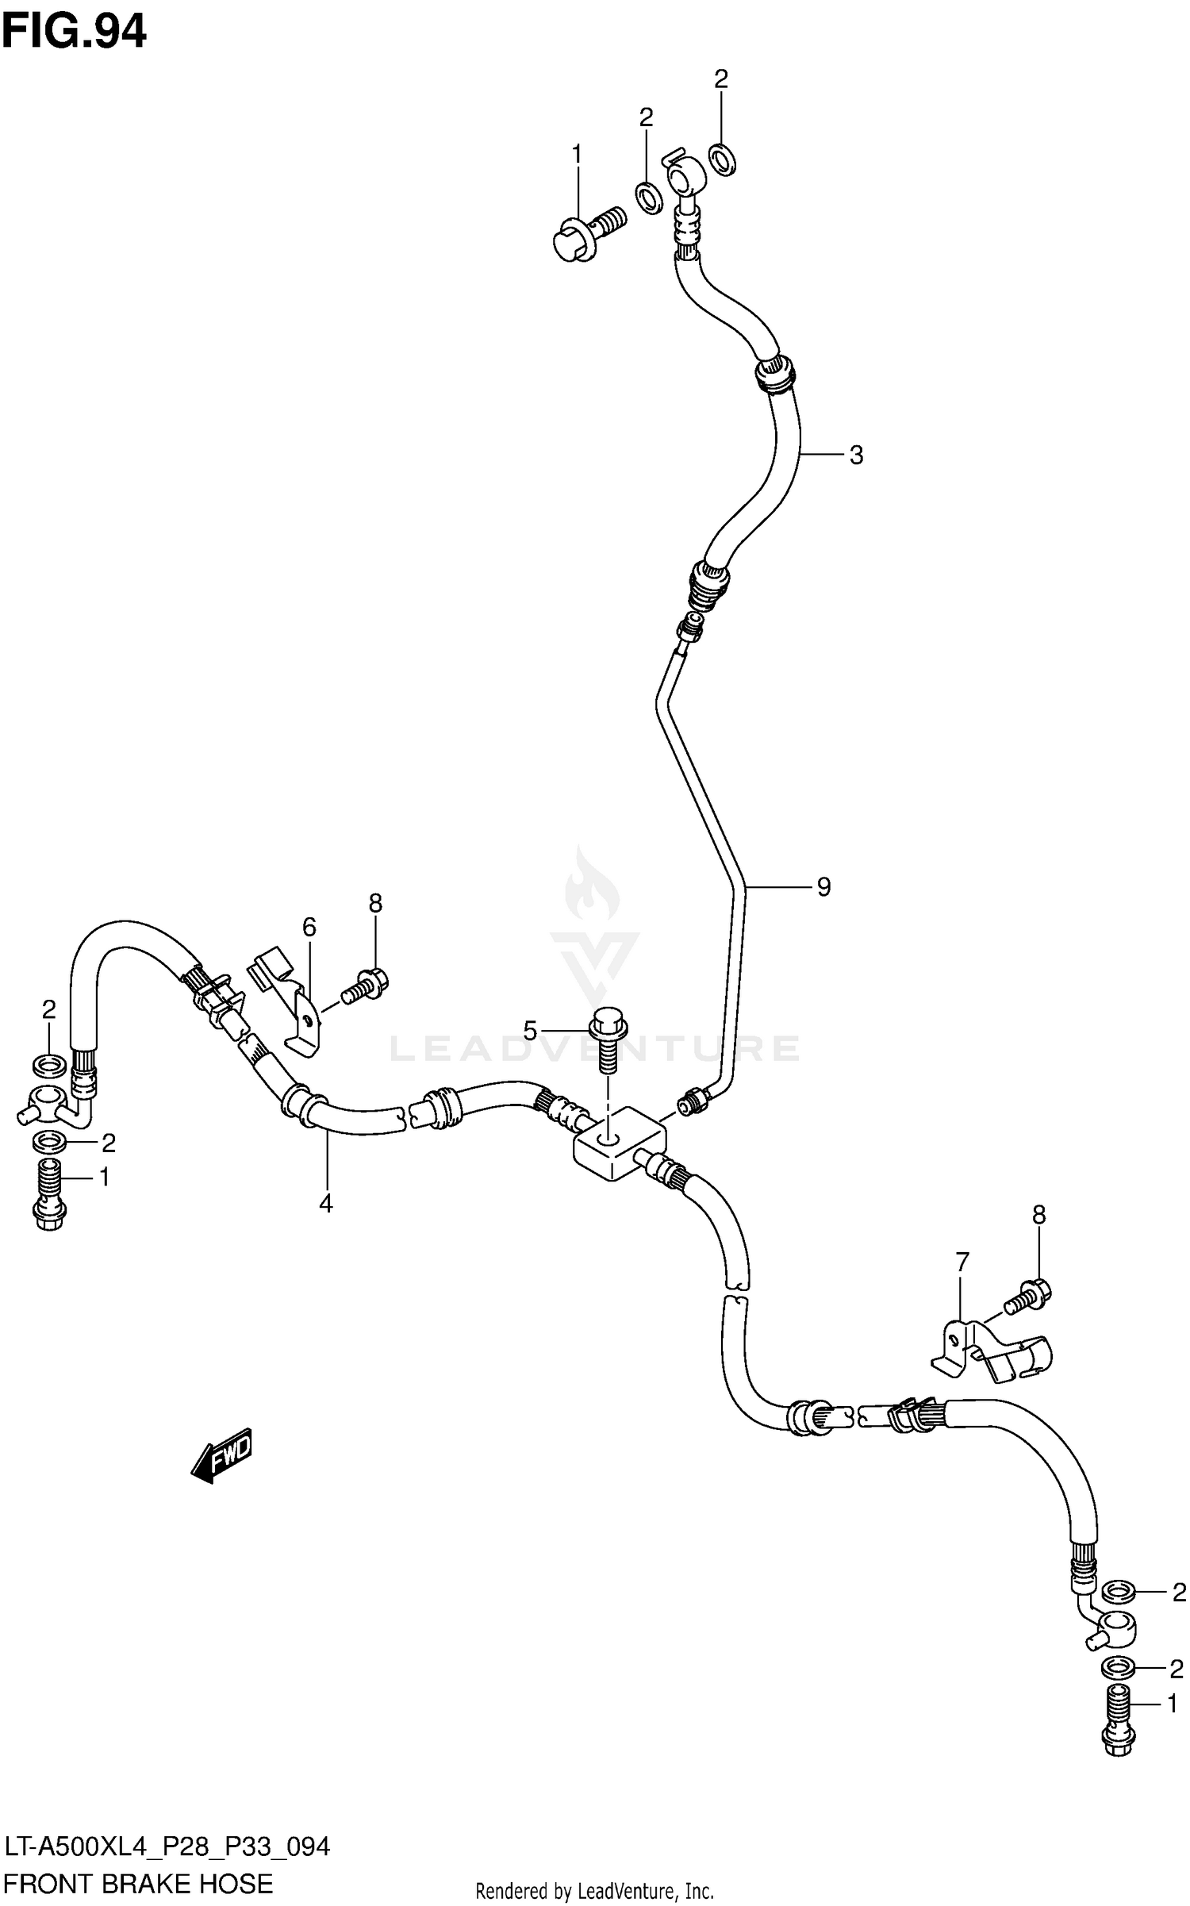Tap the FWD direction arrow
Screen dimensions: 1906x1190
click(222, 1455)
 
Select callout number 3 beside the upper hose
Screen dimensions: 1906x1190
click(856, 455)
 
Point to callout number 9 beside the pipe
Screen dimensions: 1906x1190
click(823, 887)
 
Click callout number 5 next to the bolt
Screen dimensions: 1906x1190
click(530, 1032)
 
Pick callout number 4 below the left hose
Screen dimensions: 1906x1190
click(326, 1204)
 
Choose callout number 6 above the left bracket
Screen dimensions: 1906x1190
click(309, 927)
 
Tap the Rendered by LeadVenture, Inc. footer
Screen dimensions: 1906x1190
click(594, 1892)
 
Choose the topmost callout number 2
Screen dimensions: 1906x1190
click(720, 79)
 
